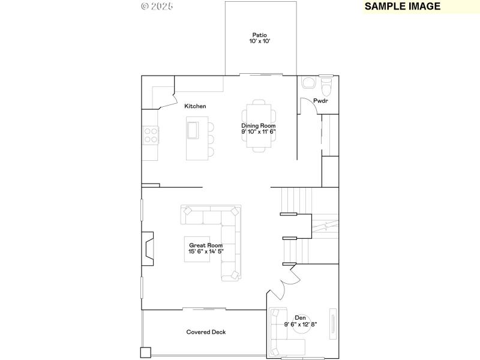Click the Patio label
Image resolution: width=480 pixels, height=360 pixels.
[x=260, y=35]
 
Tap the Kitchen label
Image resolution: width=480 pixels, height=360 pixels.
[x=195, y=106]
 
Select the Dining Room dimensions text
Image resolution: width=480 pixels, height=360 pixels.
[x=259, y=131]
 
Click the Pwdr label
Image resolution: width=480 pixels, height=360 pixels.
[x=321, y=101]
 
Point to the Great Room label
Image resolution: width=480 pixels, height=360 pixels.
[x=206, y=245]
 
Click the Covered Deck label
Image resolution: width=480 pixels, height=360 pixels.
[x=206, y=332]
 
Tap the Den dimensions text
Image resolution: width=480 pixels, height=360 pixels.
[x=301, y=325]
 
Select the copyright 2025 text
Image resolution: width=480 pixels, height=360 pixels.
[x=157, y=7]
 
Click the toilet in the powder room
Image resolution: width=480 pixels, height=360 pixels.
[x=326, y=88]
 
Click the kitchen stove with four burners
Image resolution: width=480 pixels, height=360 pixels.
[x=151, y=136]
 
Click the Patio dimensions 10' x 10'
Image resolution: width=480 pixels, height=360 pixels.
[x=260, y=41]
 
